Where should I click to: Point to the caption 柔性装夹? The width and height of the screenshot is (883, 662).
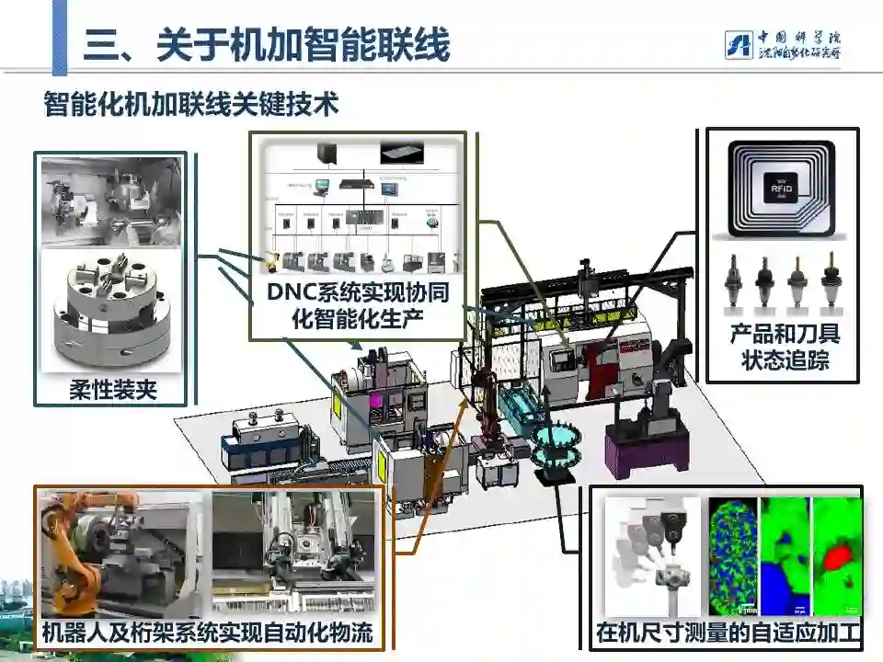pos(113,390)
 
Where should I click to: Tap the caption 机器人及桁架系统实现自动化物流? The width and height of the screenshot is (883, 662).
pos(212,633)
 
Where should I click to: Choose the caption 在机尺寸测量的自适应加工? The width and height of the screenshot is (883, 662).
pos(727,633)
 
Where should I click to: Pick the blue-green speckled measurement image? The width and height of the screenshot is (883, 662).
pos(732,556)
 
